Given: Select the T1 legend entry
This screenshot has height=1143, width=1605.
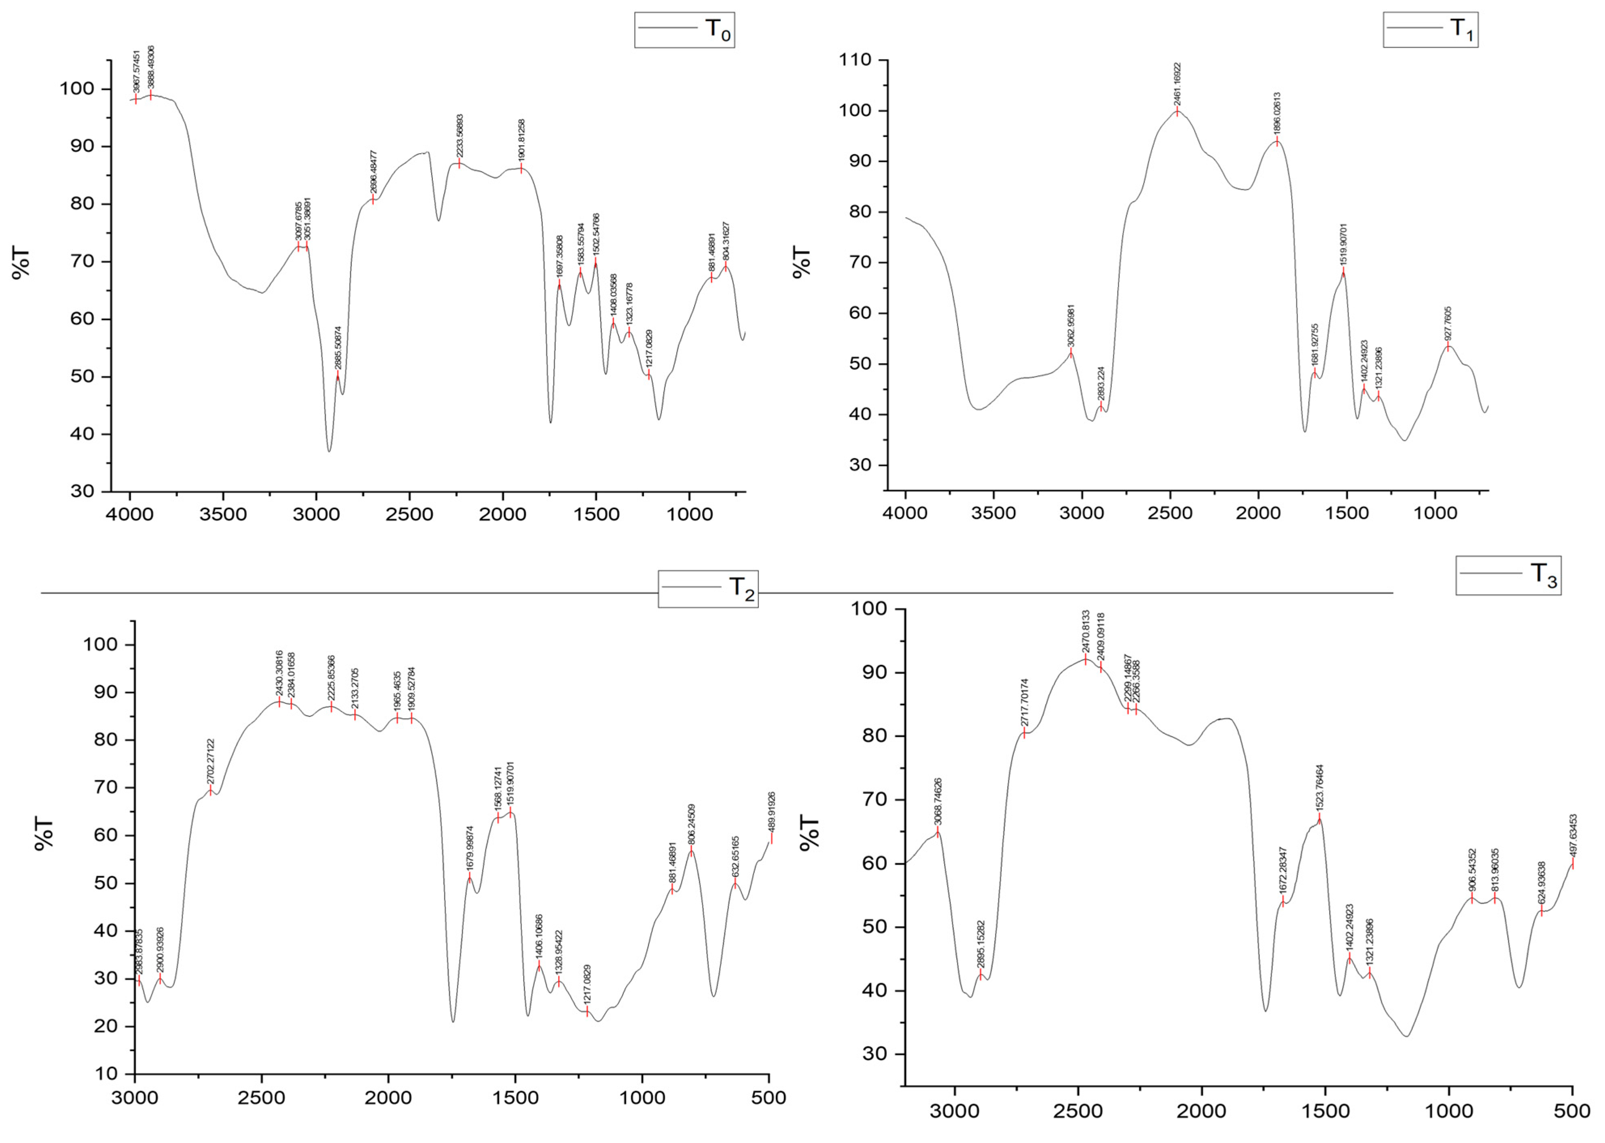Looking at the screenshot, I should click(x=1430, y=30).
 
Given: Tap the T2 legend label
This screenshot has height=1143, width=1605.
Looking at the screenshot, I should click(x=707, y=588).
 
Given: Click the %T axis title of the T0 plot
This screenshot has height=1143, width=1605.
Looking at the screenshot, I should click(x=21, y=262).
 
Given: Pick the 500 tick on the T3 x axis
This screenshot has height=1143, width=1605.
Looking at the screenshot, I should click(x=1571, y=1111).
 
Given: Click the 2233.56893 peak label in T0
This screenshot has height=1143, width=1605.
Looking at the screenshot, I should click(x=459, y=136).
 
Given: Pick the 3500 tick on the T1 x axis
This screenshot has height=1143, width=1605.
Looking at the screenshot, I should click(x=993, y=514).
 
